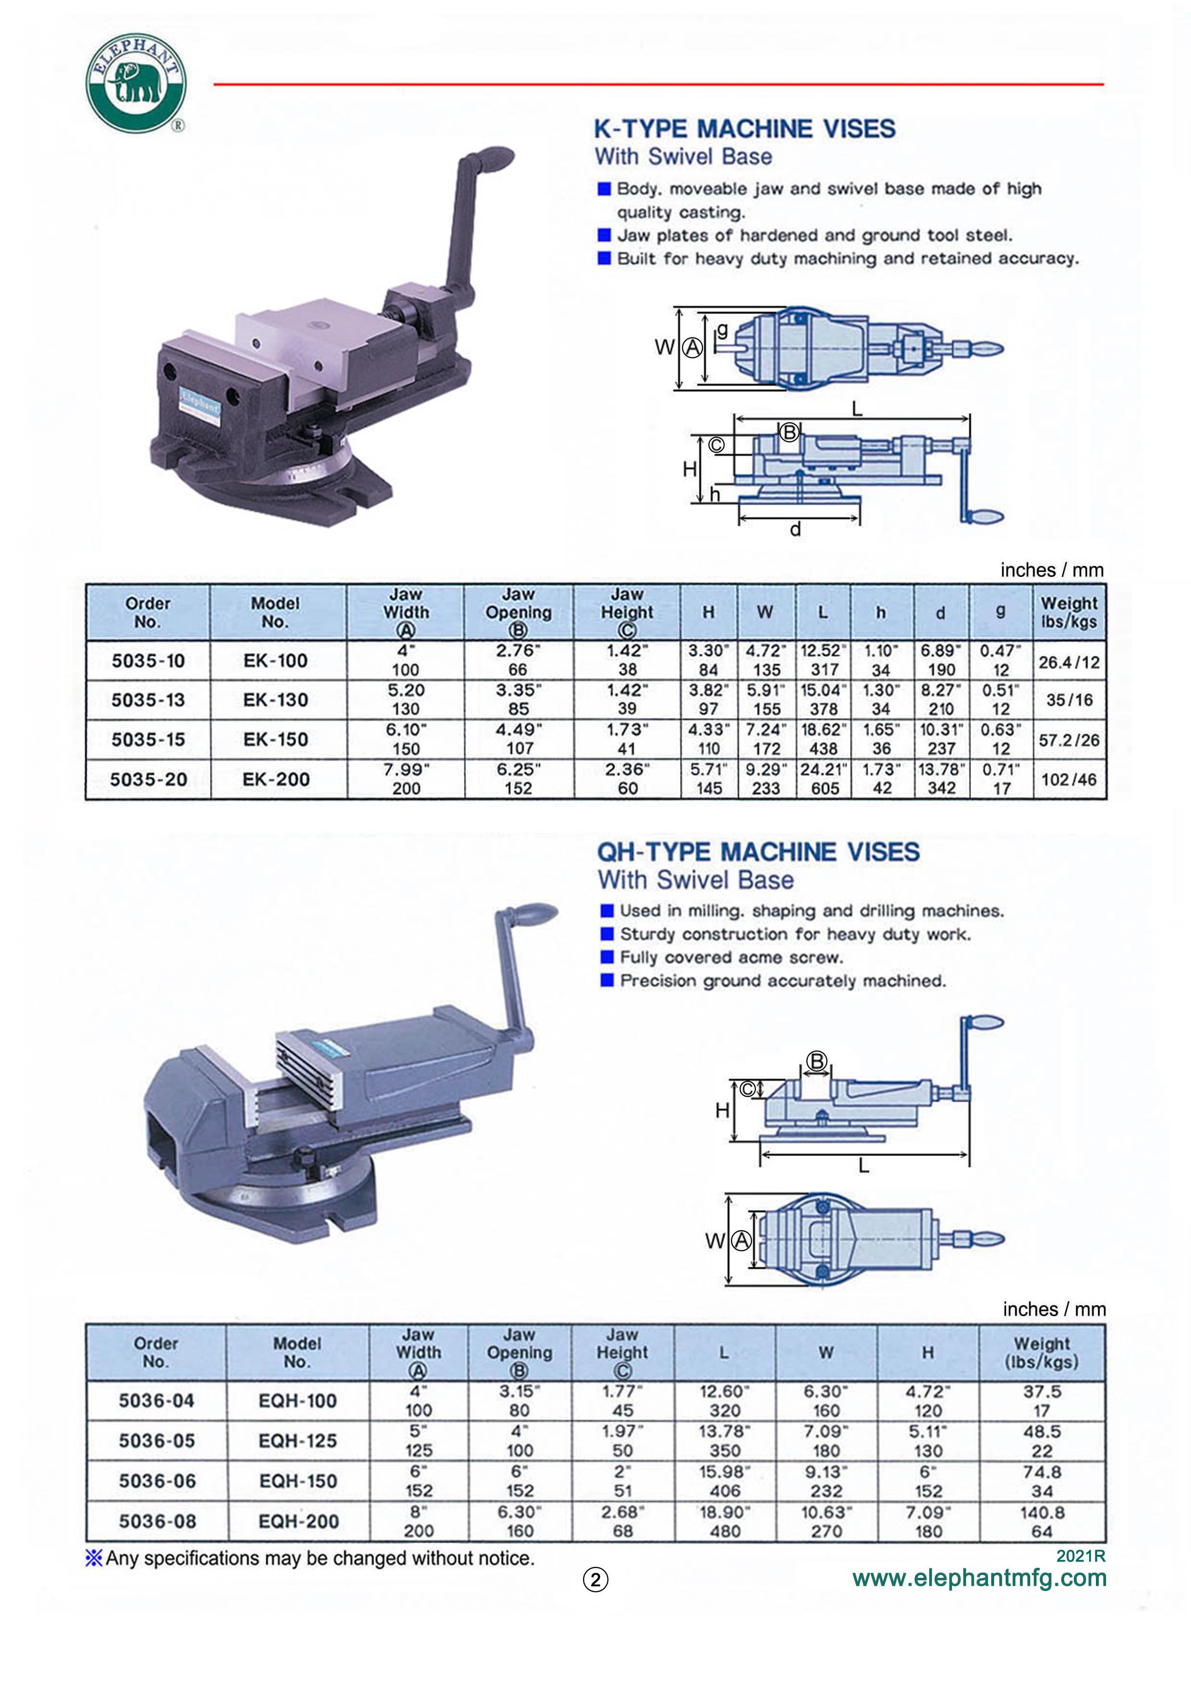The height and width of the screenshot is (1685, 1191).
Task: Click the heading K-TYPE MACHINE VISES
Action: [x=744, y=129]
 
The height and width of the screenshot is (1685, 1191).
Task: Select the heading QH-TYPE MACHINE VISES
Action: [x=758, y=852]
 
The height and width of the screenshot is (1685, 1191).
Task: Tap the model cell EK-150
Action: [x=275, y=739]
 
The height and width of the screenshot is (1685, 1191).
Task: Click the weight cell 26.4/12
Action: [x=1069, y=662]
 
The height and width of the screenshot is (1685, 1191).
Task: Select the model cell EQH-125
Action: [x=297, y=1441]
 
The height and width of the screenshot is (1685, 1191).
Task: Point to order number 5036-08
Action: [x=157, y=1521]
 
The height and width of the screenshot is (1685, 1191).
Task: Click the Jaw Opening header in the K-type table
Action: [x=518, y=612]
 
